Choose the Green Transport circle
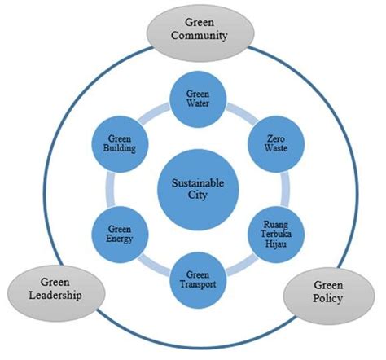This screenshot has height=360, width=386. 194,279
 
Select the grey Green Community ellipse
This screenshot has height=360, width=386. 194,30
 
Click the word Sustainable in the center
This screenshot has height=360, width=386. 194,184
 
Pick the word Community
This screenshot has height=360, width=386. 194,37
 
